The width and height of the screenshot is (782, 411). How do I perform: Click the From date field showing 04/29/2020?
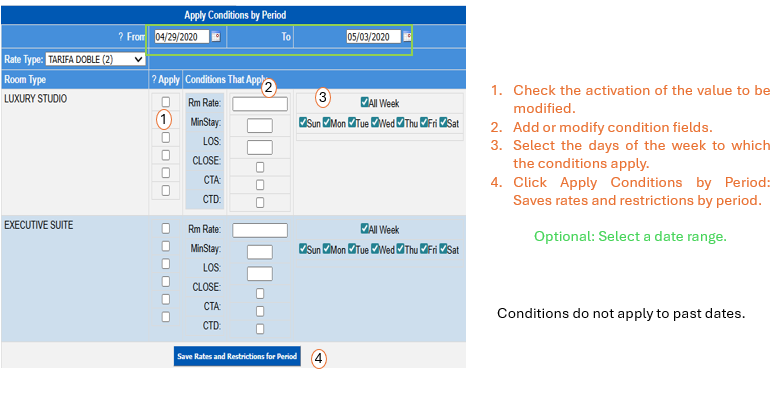click(x=182, y=37)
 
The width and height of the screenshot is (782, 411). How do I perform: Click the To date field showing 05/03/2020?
click(x=374, y=37)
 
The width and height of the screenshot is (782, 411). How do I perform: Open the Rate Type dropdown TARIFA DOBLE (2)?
click(x=95, y=59)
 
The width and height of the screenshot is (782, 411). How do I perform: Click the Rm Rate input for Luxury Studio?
click(x=260, y=104)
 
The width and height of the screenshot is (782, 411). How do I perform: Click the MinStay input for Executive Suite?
click(x=260, y=252)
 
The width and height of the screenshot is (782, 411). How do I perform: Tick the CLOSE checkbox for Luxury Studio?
click(x=260, y=167)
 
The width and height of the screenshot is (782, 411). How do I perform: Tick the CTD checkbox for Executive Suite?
click(x=260, y=329)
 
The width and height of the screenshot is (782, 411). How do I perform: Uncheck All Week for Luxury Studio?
click(x=365, y=102)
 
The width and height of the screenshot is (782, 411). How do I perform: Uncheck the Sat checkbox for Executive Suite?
click(x=443, y=248)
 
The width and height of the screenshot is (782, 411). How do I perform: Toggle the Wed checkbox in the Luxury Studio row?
click(x=375, y=122)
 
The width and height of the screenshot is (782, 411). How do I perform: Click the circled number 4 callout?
click(x=319, y=359)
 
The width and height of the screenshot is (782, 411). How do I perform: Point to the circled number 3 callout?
click(x=323, y=97)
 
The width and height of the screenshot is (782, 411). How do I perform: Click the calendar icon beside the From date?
click(x=216, y=36)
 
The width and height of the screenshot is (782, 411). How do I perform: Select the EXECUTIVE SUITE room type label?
click(x=38, y=225)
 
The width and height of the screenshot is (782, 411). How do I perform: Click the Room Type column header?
click(x=25, y=80)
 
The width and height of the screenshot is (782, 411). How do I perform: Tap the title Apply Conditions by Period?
click(x=235, y=15)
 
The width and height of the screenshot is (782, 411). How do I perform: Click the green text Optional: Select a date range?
click(x=630, y=236)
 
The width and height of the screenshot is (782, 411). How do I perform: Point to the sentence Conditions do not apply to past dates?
click(x=621, y=313)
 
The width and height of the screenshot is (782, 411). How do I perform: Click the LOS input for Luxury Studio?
click(x=260, y=148)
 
